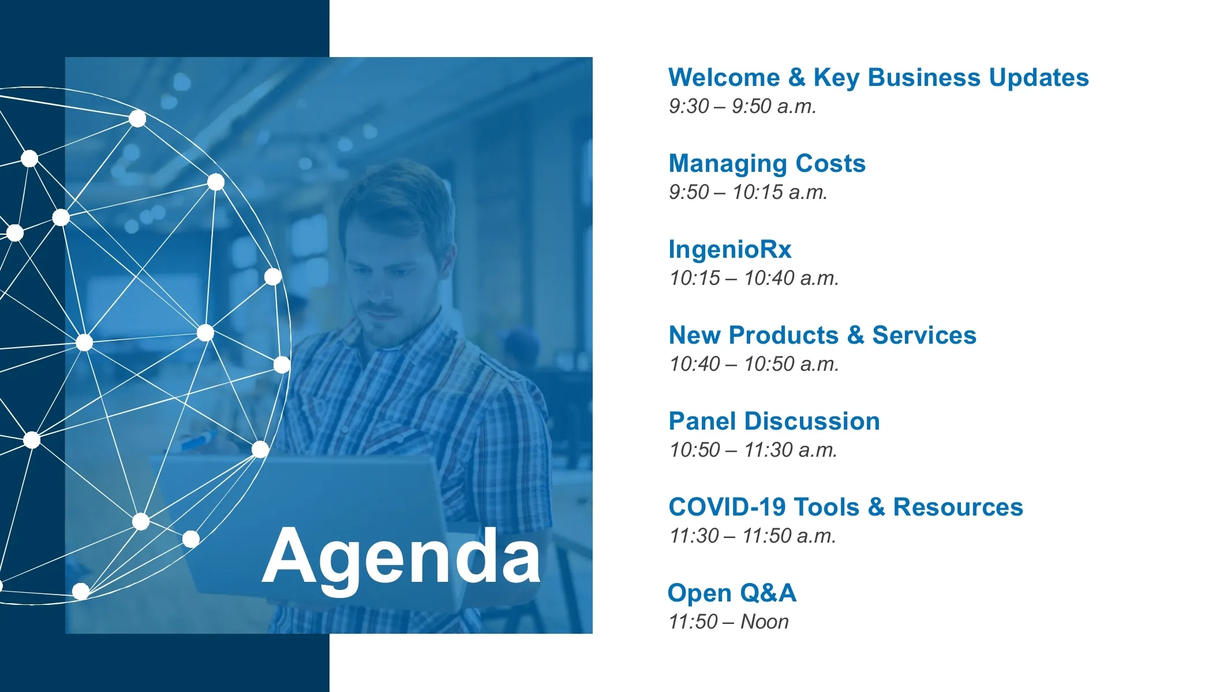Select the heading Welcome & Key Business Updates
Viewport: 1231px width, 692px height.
point(878,77)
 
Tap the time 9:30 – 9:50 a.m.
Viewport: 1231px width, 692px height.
point(742,106)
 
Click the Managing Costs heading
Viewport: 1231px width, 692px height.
point(767,164)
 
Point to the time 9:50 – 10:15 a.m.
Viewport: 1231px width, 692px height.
point(748,192)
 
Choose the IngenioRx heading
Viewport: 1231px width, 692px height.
point(730,250)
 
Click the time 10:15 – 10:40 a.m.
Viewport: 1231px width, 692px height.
point(754,278)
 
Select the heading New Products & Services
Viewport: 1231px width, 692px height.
point(822,335)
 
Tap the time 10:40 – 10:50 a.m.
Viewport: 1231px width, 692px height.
point(754,364)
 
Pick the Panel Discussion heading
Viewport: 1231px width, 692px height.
point(774,421)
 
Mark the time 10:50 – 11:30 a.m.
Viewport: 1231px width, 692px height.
point(753,450)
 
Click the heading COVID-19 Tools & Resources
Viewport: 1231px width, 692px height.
point(845,507)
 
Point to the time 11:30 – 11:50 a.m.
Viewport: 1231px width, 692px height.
point(753,536)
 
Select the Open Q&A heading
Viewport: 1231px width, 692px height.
point(732,593)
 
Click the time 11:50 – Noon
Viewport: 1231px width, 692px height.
point(728,622)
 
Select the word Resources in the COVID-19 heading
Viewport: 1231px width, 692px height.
point(958,507)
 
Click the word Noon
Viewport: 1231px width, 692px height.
point(765,622)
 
